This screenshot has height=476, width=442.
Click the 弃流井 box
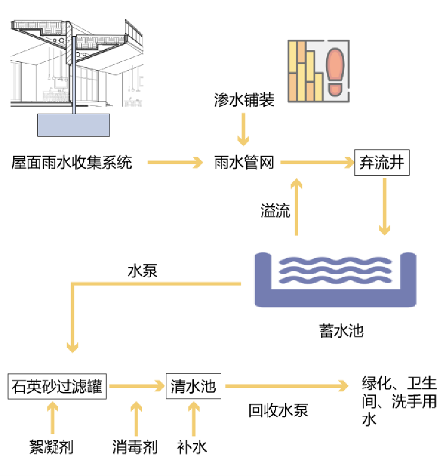(x=382, y=162)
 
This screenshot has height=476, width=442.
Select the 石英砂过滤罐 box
(x=57, y=386)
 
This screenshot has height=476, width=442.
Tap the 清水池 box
(x=193, y=386)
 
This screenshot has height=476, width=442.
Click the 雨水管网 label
(x=244, y=163)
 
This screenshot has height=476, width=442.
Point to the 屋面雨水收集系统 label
(x=72, y=163)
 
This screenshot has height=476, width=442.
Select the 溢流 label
(x=275, y=212)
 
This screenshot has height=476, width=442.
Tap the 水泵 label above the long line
(x=142, y=271)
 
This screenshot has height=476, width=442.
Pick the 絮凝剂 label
(x=51, y=446)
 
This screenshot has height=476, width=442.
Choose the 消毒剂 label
(x=135, y=446)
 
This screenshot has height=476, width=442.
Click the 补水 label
(x=192, y=446)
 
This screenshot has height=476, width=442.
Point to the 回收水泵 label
(x=279, y=410)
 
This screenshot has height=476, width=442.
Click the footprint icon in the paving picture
(x=335, y=71)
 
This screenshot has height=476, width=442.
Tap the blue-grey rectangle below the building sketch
(x=73, y=125)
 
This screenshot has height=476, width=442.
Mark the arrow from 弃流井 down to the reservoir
(x=385, y=206)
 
